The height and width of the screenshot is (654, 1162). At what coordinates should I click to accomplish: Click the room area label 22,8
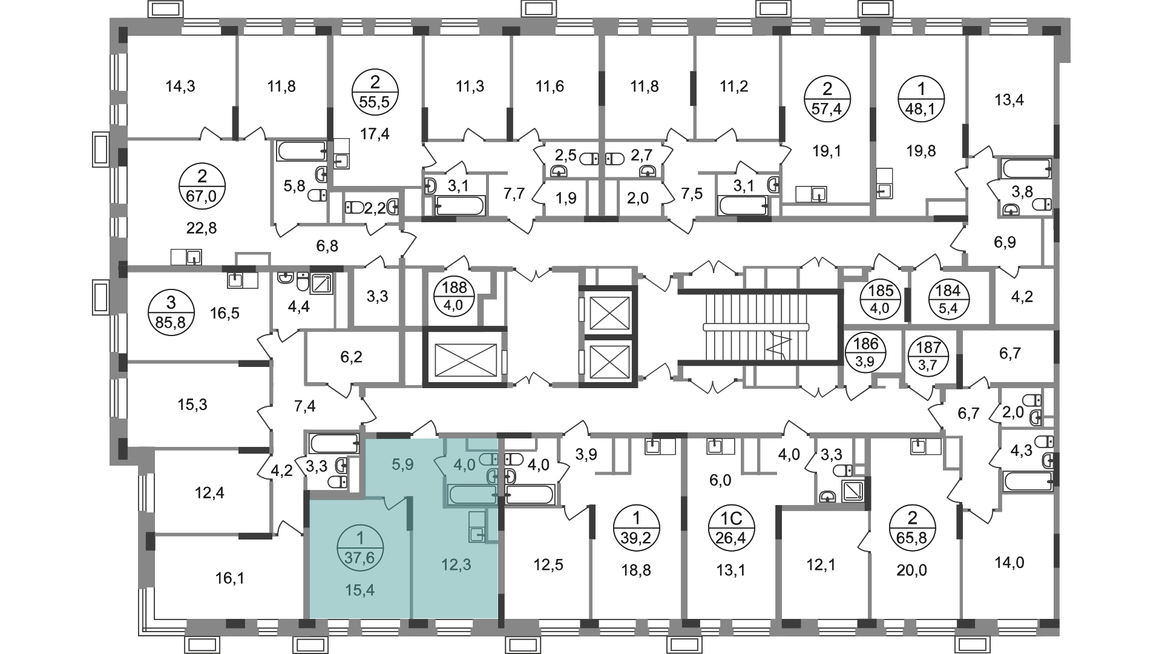202,228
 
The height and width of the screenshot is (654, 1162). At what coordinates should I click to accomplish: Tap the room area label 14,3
180,87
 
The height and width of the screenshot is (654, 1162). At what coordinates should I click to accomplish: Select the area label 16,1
229,579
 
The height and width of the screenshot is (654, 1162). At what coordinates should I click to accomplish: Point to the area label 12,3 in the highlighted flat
456,565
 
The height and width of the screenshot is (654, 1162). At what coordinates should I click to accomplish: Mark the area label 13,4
1009,99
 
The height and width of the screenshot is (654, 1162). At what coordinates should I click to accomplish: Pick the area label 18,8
636,570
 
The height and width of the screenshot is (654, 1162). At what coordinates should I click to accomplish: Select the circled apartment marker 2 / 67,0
202,188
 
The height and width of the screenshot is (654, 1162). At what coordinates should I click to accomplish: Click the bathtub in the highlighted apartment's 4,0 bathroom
473,495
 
